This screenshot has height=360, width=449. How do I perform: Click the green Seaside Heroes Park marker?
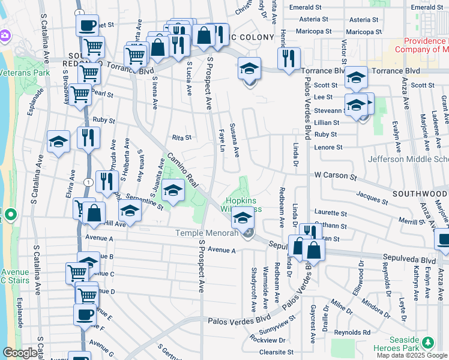(x=427, y=343)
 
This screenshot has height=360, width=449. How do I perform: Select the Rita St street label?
(x=181, y=137)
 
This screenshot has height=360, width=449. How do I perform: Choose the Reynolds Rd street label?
(x=353, y=332)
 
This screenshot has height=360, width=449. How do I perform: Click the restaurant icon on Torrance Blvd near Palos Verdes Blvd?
(x=289, y=58)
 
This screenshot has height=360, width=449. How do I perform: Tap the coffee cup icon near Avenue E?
(x=84, y=313)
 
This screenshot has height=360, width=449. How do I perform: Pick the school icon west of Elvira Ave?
(x=58, y=142)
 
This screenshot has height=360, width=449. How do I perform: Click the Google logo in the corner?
(x=19, y=353)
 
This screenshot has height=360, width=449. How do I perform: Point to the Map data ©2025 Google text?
(x=412, y=355)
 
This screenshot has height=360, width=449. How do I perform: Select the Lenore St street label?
(x=328, y=147)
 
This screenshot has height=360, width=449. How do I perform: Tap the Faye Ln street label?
(x=222, y=141)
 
